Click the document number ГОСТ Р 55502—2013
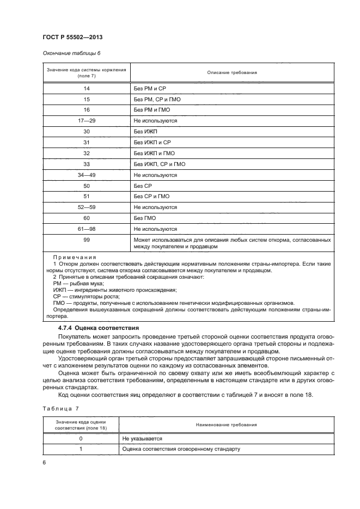(x=72, y=36)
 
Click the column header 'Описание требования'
(x=231, y=72)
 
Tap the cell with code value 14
(x=87, y=89)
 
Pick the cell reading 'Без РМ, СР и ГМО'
(x=157, y=100)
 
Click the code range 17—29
(x=87, y=121)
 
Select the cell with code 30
(x=87, y=132)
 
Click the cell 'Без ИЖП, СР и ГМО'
(x=159, y=164)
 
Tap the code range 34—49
(x=87, y=175)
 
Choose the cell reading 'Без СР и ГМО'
(x=151, y=197)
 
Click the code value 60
(x=87, y=218)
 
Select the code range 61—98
(x=87, y=229)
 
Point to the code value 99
(x=87, y=240)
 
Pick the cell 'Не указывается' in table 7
(x=142, y=438)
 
